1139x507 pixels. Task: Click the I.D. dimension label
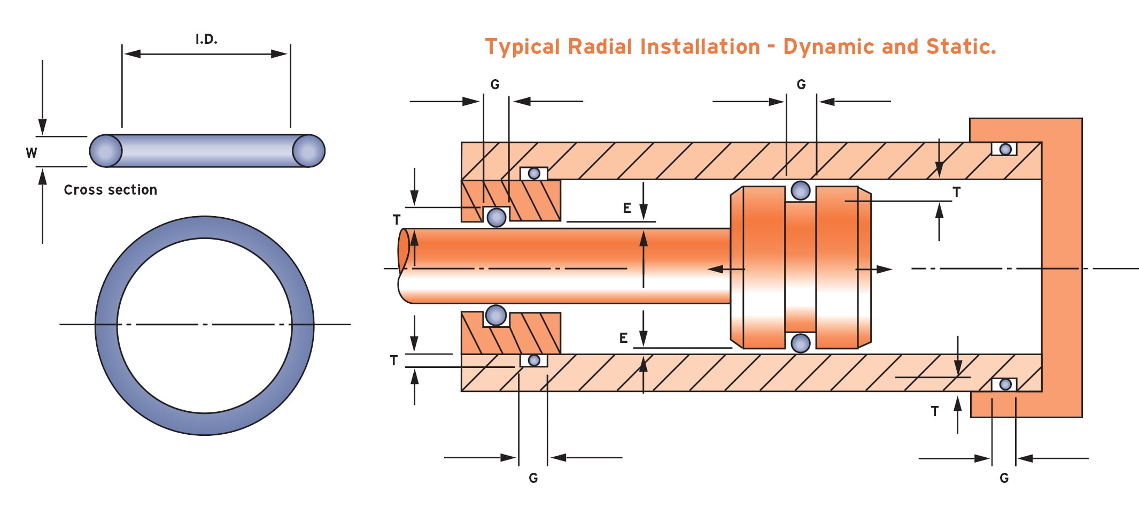(x=206, y=39)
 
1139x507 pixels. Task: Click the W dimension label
(x=32, y=153)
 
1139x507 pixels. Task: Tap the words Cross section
(x=111, y=190)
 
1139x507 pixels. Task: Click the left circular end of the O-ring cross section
(x=105, y=151)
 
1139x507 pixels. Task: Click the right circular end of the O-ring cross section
(x=308, y=151)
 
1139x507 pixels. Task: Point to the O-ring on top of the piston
(x=800, y=190)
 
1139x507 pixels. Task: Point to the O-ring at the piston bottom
(x=800, y=343)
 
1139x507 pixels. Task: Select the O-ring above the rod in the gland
(x=497, y=217)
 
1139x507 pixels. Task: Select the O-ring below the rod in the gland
(x=495, y=316)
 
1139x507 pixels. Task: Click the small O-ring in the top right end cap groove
(x=1005, y=149)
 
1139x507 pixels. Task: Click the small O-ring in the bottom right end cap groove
(x=1005, y=384)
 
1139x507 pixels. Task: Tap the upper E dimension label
(x=627, y=208)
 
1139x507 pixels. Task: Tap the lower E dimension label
(x=623, y=338)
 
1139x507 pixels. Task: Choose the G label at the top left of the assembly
(x=495, y=84)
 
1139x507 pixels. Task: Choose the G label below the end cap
(x=1004, y=478)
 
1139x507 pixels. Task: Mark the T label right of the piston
(x=956, y=192)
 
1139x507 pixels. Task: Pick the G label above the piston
(x=801, y=84)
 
